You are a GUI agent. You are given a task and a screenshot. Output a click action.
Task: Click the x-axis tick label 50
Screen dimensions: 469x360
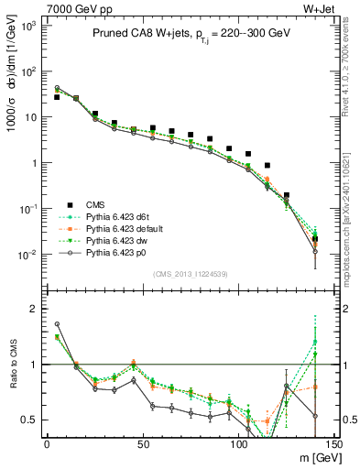pyautogui.click(x=142, y=443)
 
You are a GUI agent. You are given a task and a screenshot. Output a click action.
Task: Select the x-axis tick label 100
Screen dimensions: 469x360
pyautogui.click(x=238, y=443)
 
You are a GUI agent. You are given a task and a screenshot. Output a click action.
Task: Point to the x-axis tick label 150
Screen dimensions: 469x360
pyautogui.click(x=333, y=443)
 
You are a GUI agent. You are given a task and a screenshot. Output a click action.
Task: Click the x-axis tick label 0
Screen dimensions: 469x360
pyautogui.click(x=47, y=443)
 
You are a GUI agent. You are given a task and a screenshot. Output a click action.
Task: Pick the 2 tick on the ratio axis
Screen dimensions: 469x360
pyautogui.click(x=32, y=309)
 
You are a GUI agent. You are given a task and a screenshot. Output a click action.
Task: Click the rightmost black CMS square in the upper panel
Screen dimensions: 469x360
pyautogui.click(x=315, y=240)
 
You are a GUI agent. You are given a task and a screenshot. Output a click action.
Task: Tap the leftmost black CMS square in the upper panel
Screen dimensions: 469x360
pyautogui.click(x=57, y=97)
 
